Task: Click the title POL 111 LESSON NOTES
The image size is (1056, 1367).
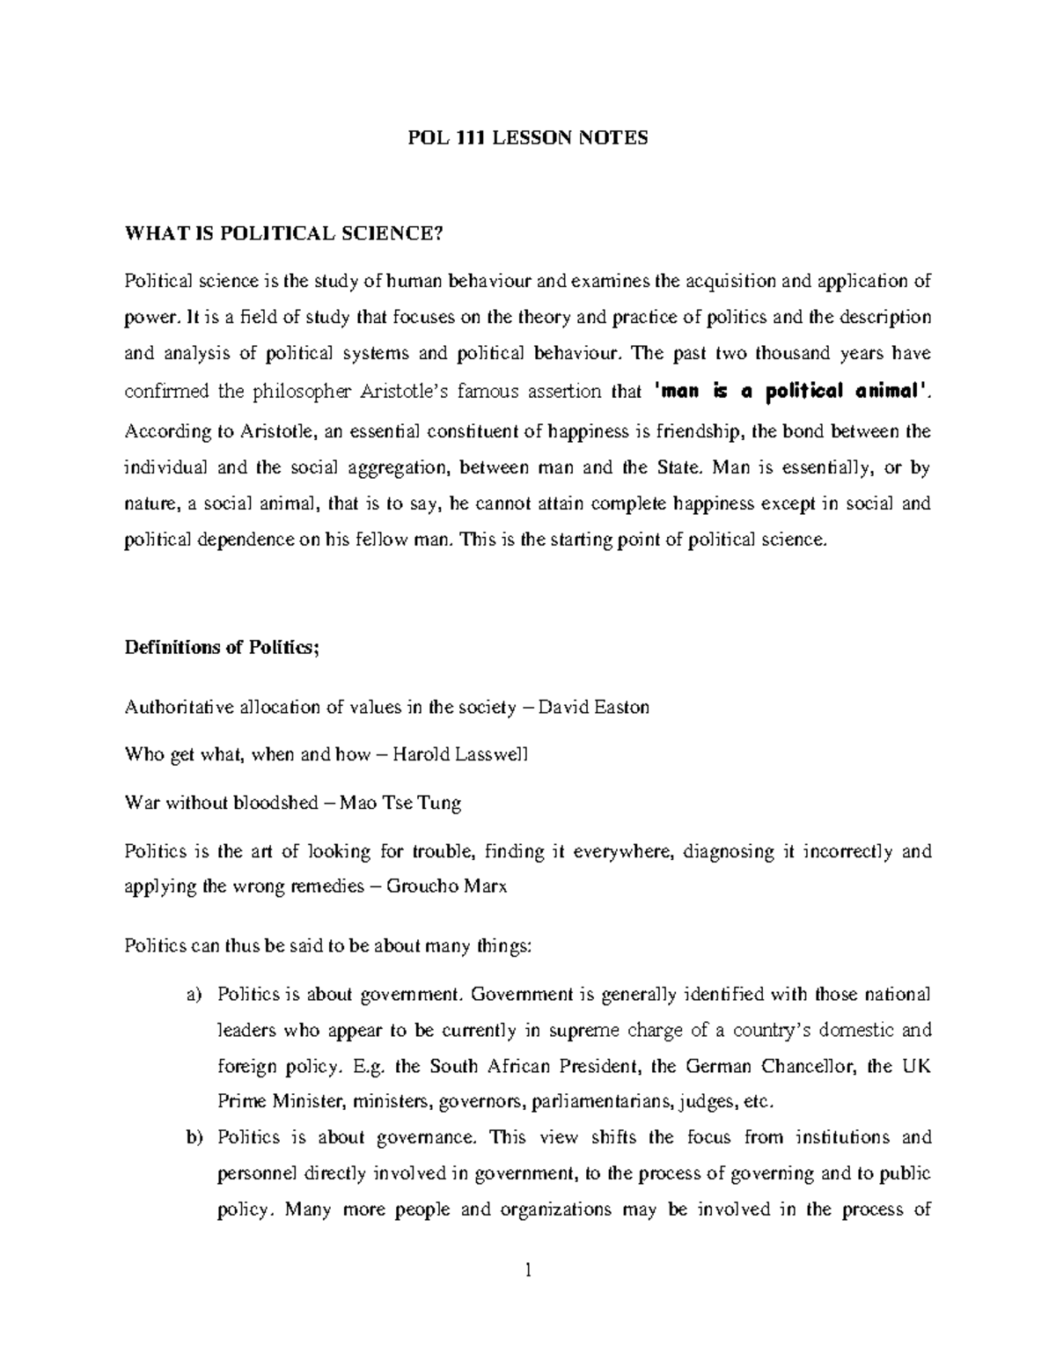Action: (528, 138)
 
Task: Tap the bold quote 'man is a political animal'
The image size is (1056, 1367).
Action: (790, 393)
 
